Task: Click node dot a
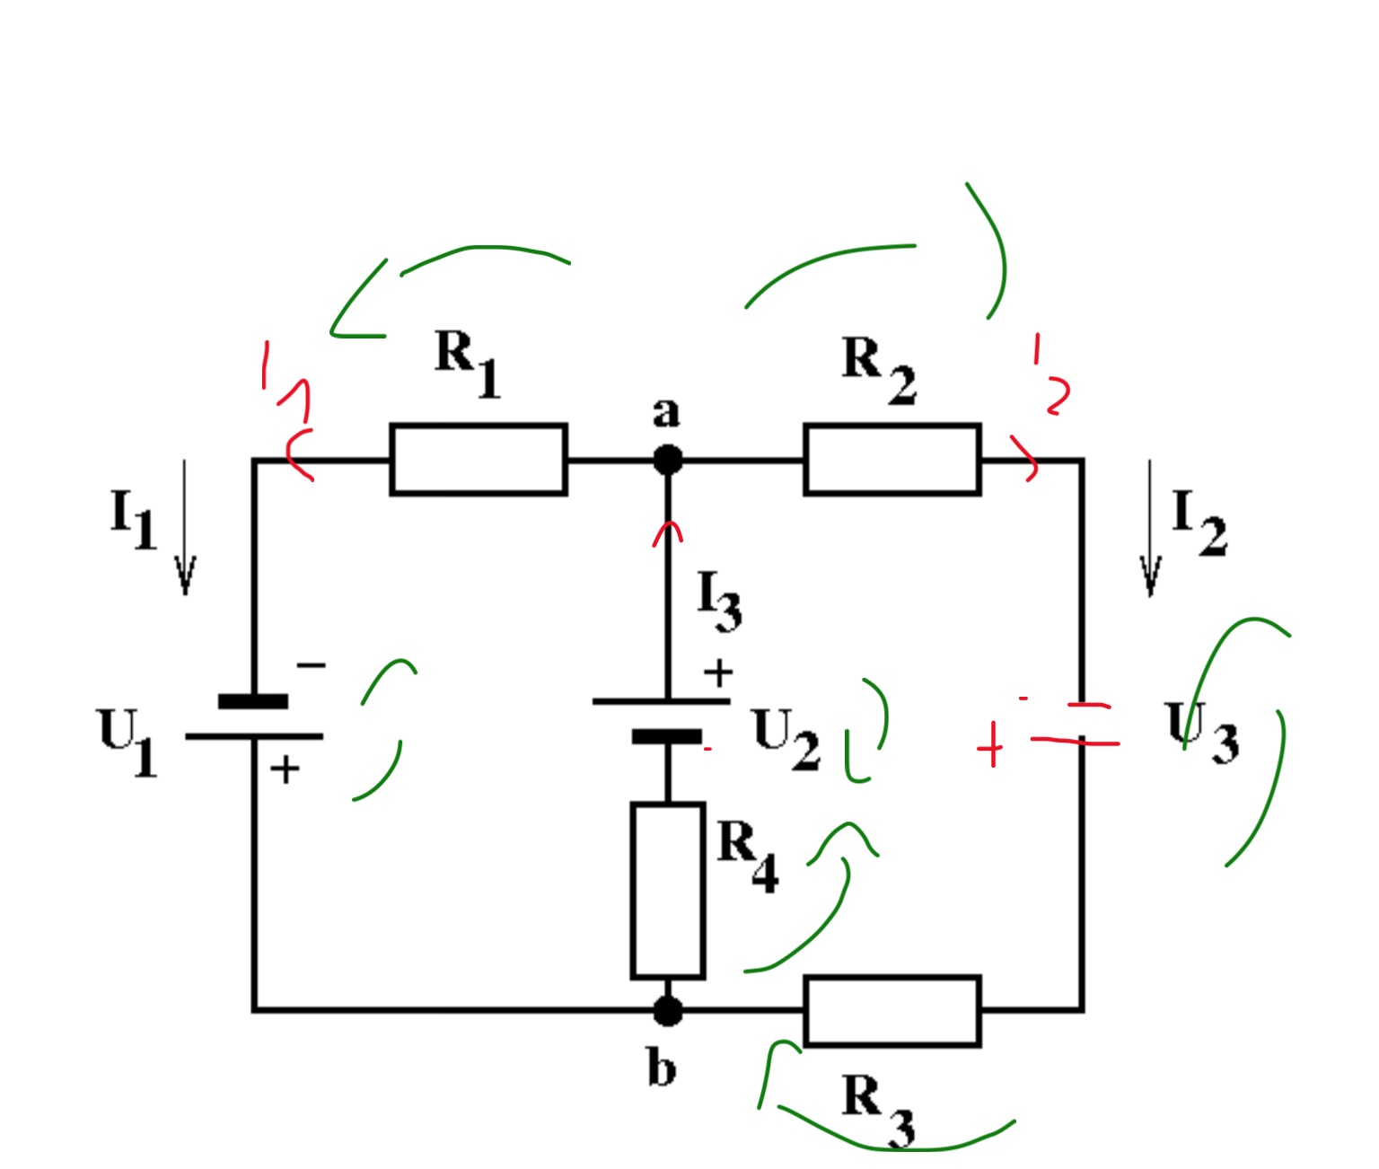coord(668,461)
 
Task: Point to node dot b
coord(668,1012)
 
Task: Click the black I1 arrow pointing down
coord(185,527)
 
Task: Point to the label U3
coord(1201,732)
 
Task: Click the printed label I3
coord(718,600)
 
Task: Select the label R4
coord(747,856)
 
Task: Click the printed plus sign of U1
coord(285,769)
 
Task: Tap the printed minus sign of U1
coord(311,664)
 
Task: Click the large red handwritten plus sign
coord(990,745)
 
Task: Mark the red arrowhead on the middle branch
coord(668,534)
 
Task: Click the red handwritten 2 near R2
coord(1056,396)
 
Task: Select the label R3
coord(878,1113)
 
